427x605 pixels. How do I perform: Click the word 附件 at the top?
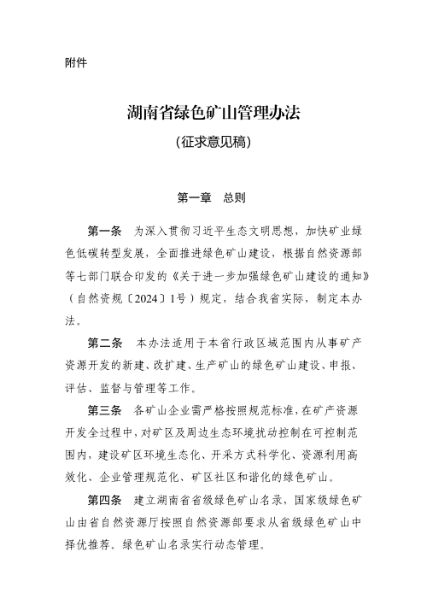point(76,62)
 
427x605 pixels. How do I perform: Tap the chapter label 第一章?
point(192,197)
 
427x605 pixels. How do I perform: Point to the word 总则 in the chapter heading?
point(235,197)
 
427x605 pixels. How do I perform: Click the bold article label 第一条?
point(106,231)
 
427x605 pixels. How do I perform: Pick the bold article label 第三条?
point(106,410)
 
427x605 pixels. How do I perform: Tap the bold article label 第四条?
point(106,498)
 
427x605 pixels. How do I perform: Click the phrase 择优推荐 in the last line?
point(85,543)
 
